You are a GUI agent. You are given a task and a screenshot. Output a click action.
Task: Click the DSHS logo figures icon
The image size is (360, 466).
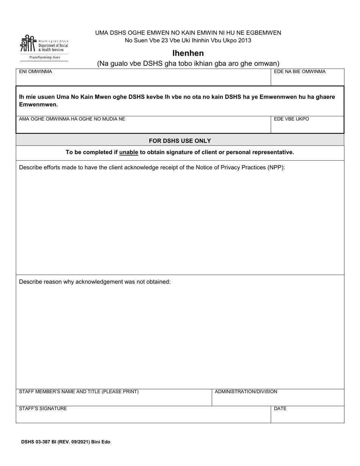pos(28,44)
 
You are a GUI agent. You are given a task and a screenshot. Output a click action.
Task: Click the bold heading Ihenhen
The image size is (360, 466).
pos(188,53)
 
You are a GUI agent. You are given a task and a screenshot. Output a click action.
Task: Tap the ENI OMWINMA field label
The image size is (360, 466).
pos(36,72)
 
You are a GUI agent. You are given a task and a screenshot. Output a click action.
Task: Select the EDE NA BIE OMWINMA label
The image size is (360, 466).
pos(299,72)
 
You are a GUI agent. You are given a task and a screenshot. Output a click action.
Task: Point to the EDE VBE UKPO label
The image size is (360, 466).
pos(291,119)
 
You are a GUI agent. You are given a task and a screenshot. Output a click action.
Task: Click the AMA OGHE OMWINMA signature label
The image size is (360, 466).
pos(72,119)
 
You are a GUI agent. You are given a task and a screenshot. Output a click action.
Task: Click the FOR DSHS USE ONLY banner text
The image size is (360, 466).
pos(180,141)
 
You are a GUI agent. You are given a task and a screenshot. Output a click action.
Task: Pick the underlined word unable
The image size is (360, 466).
pos(128,152)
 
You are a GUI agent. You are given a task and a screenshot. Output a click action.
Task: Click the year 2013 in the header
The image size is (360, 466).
pos(245,41)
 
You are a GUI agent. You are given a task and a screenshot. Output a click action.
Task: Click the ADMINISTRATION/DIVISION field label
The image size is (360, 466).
pos(246,392)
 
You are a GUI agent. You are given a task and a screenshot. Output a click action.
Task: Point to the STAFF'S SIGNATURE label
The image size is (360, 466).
pos(43,408)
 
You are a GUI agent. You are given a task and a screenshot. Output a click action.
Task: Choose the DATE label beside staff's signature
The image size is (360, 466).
pos(280,408)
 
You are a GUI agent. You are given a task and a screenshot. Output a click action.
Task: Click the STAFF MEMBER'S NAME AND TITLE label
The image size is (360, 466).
pos(79,392)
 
